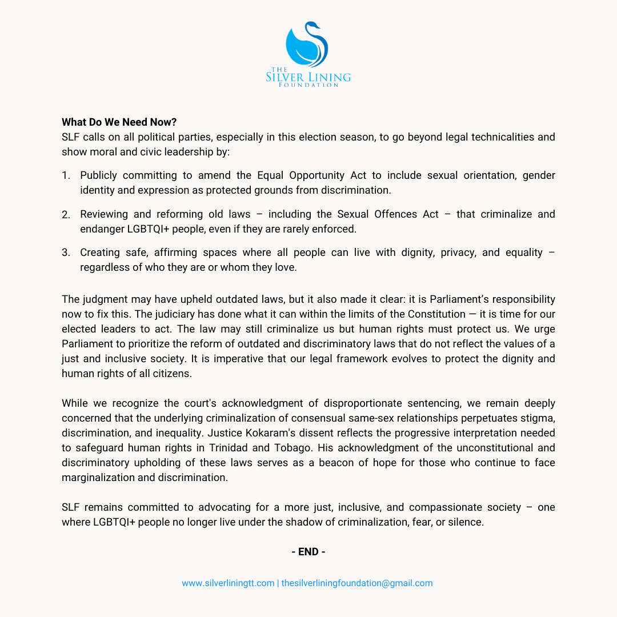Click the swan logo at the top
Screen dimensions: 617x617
click(307, 45)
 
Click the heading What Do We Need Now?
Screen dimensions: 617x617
click(119, 122)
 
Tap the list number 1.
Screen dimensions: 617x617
click(66, 175)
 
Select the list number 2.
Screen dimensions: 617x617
click(66, 214)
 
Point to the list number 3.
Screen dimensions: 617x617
click(66, 253)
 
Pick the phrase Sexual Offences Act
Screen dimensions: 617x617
click(387, 214)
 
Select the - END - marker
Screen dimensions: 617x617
click(308, 552)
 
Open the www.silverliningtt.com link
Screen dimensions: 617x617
click(228, 583)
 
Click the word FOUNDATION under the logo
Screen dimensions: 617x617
click(308, 85)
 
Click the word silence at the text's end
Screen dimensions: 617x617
click(466, 522)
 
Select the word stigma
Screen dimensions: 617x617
click(535, 418)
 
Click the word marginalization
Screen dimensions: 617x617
click(105, 478)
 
